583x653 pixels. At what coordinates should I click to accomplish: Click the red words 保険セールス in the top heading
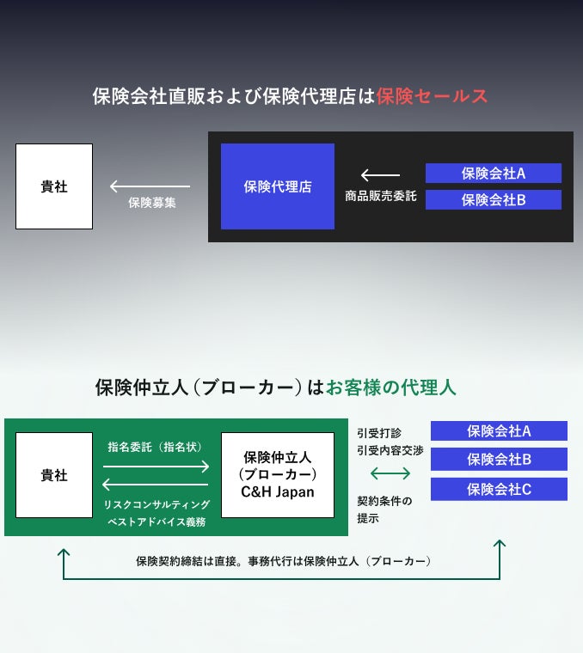(x=432, y=96)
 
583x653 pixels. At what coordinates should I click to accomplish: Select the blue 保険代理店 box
(x=277, y=186)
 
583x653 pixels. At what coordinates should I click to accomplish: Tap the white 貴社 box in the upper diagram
(x=54, y=186)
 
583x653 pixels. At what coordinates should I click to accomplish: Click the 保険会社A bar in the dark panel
(x=493, y=174)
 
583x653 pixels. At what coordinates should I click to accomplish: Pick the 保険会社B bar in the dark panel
(x=493, y=200)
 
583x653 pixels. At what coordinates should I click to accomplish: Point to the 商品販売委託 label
(x=380, y=196)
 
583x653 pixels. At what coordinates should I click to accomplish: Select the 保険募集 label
(x=152, y=204)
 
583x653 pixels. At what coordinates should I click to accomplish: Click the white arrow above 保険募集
(x=150, y=186)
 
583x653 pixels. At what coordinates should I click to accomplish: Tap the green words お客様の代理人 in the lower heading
(x=391, y=388)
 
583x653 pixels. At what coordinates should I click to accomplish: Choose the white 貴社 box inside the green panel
(x=54, y=475)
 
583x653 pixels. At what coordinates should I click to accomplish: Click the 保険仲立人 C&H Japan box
(x=277, y=475)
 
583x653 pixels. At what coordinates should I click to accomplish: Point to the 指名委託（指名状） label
(x=156, y=448)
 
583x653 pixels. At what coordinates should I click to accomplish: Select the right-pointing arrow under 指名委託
(x=156, y=467)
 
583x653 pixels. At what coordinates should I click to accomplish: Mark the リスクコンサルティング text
(x=156, y=503)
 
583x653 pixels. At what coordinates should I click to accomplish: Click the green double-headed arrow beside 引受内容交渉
(x=390, y=474)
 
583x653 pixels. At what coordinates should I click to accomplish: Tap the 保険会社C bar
(x=499, y=490)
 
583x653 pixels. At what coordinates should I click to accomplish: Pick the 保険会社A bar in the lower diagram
(x=499, y=431)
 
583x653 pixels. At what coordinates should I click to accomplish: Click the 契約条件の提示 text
(x=384, y=510)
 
